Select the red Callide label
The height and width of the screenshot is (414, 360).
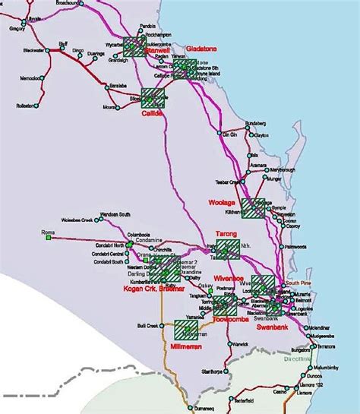[x=153, y=113]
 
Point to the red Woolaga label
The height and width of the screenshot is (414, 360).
[x=221, y=203]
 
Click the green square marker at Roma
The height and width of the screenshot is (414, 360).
[x=48, y=239]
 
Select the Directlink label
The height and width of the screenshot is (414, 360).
[x=298, y=356]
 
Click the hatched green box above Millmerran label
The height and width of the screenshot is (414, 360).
[x=186, y=330]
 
